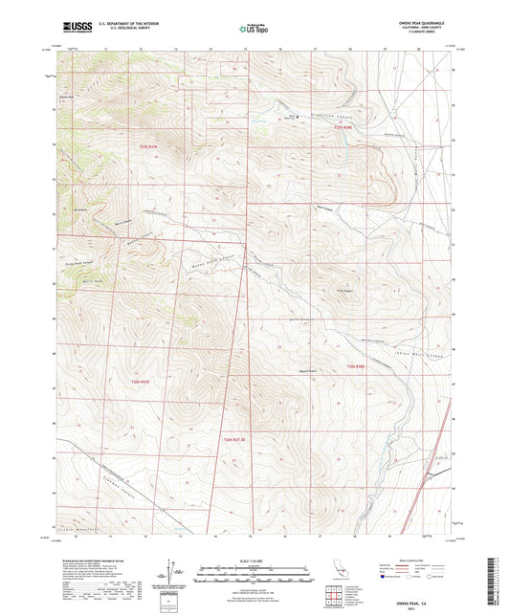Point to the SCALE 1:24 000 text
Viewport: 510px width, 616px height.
[x=254, y=561]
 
